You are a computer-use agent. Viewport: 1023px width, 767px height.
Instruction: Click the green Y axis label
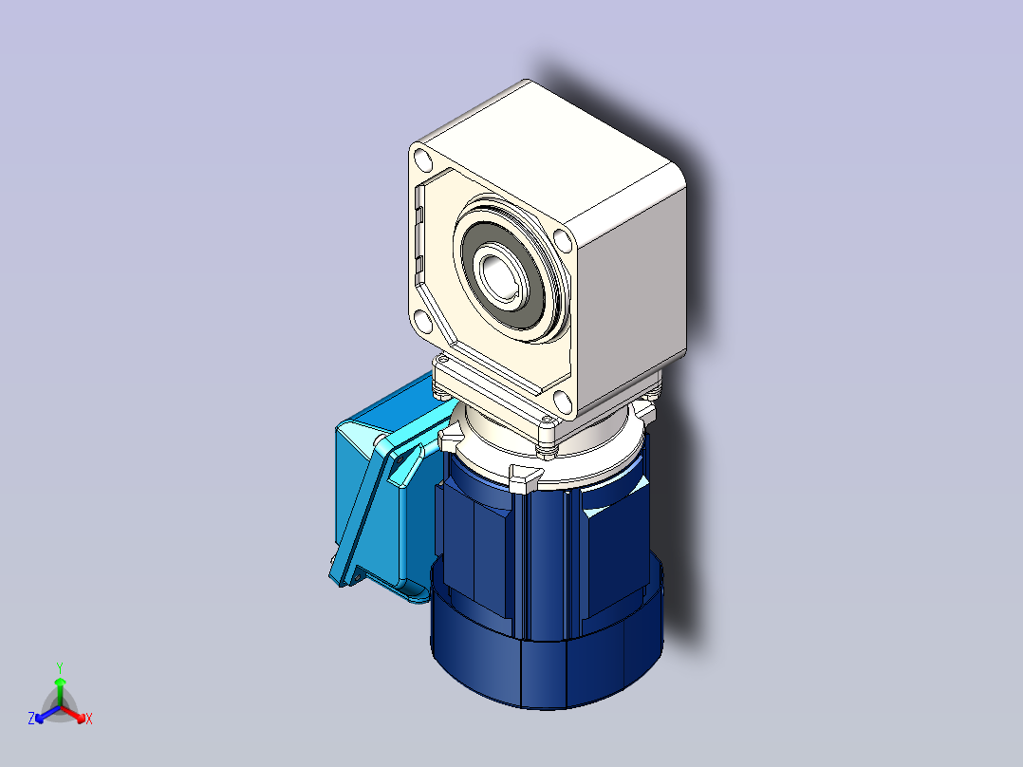pos(59,666)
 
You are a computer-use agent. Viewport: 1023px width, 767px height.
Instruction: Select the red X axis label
pos(89,719)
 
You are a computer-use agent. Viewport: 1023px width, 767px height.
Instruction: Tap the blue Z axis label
pos(31,719)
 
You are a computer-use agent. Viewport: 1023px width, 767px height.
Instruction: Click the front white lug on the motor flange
pos(523,477)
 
